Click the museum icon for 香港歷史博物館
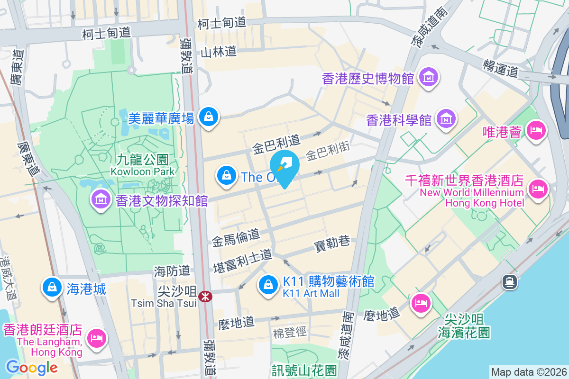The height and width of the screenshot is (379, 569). click(x=429, y=77)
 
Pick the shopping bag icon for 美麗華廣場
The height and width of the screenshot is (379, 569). click(x=208, y=116)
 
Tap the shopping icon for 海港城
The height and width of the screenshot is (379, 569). click(x=51, y=288)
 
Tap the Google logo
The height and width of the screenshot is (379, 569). click(x=32, y=367)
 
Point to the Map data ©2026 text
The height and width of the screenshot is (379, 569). click(x=528, y=372)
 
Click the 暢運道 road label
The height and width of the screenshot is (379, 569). click(x=501, y=67)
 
